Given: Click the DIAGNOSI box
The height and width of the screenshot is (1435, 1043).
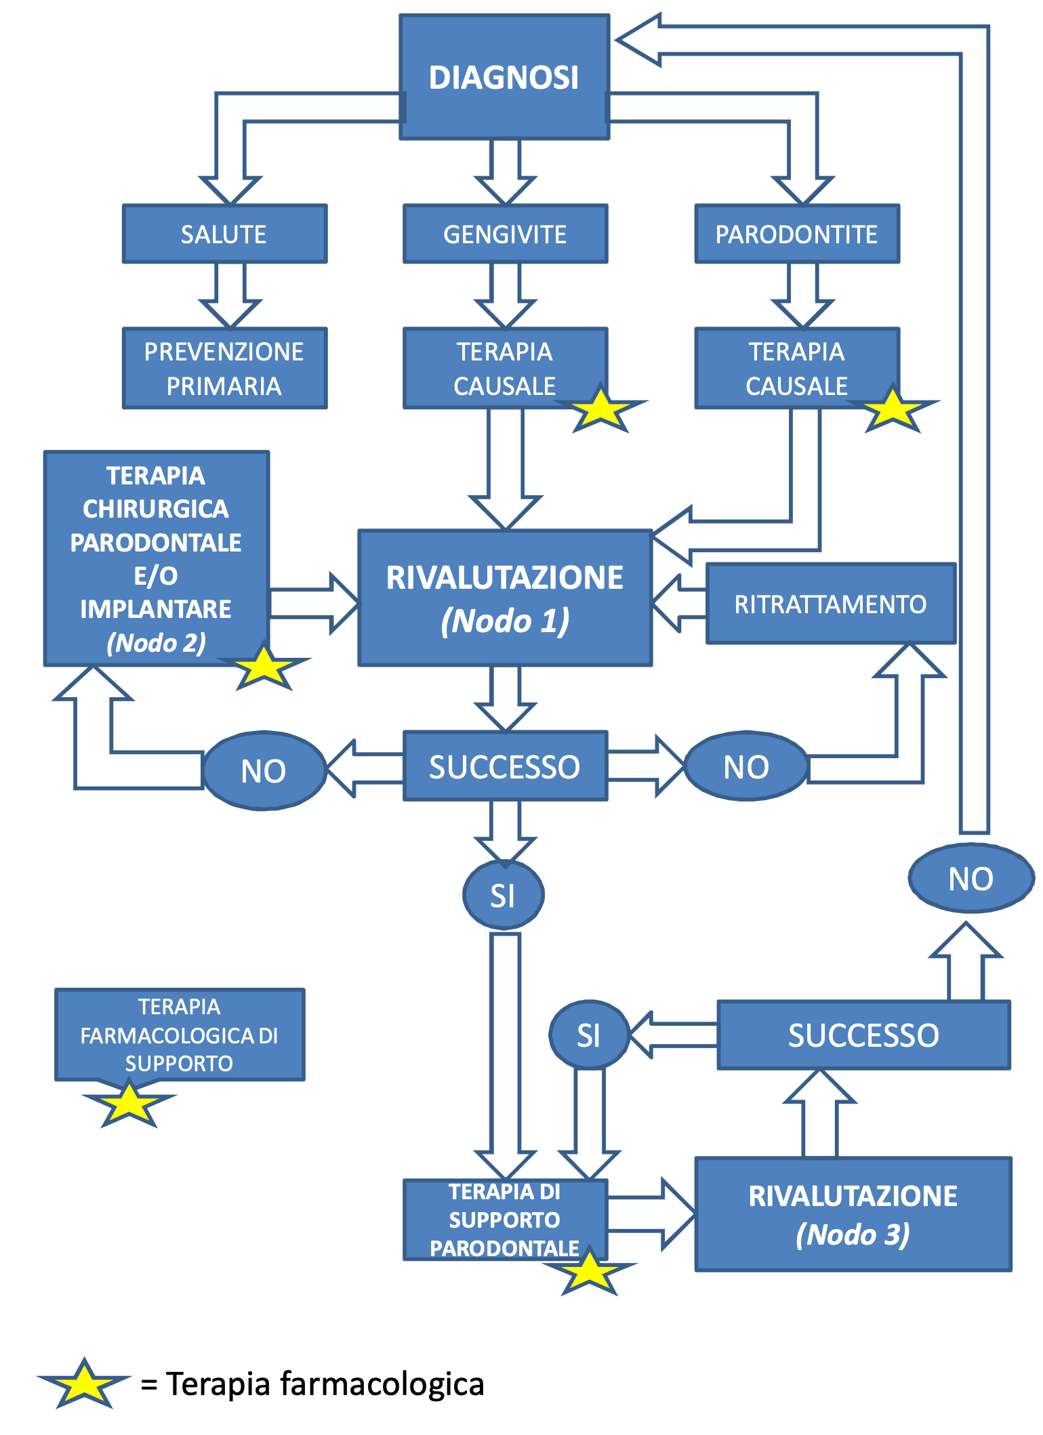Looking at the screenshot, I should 504,77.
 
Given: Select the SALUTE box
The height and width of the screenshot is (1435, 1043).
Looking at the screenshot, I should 224,234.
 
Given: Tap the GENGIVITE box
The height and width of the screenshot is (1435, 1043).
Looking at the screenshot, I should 505,234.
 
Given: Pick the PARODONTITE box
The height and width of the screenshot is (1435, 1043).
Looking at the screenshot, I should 797,234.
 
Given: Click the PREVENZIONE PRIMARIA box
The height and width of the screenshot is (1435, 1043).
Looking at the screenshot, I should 224,368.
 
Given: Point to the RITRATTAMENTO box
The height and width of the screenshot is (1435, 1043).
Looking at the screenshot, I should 831,604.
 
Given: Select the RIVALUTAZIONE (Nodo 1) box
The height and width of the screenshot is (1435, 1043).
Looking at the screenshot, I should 505,598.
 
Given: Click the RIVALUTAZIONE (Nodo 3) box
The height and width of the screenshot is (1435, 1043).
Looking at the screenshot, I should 853,1214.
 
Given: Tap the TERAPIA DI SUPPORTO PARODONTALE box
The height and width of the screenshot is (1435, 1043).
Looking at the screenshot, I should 505,1220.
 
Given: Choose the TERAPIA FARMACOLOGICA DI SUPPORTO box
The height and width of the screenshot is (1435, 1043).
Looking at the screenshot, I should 180,1034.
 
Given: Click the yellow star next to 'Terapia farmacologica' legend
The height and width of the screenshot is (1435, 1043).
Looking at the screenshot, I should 84,1384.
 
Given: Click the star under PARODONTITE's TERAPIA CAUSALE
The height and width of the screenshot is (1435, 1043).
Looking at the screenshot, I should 893,409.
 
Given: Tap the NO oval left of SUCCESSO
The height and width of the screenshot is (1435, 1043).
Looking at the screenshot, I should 264,770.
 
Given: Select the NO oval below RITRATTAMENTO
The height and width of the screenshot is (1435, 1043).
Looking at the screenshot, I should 746,767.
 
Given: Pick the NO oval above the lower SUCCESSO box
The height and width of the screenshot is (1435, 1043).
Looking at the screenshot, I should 971,878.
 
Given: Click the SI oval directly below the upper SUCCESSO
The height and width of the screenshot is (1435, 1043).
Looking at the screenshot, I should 503,895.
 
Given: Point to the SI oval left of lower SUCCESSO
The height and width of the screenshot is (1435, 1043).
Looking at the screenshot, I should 588,1035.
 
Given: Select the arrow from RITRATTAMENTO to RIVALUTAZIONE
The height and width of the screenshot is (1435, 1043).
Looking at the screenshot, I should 678,604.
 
